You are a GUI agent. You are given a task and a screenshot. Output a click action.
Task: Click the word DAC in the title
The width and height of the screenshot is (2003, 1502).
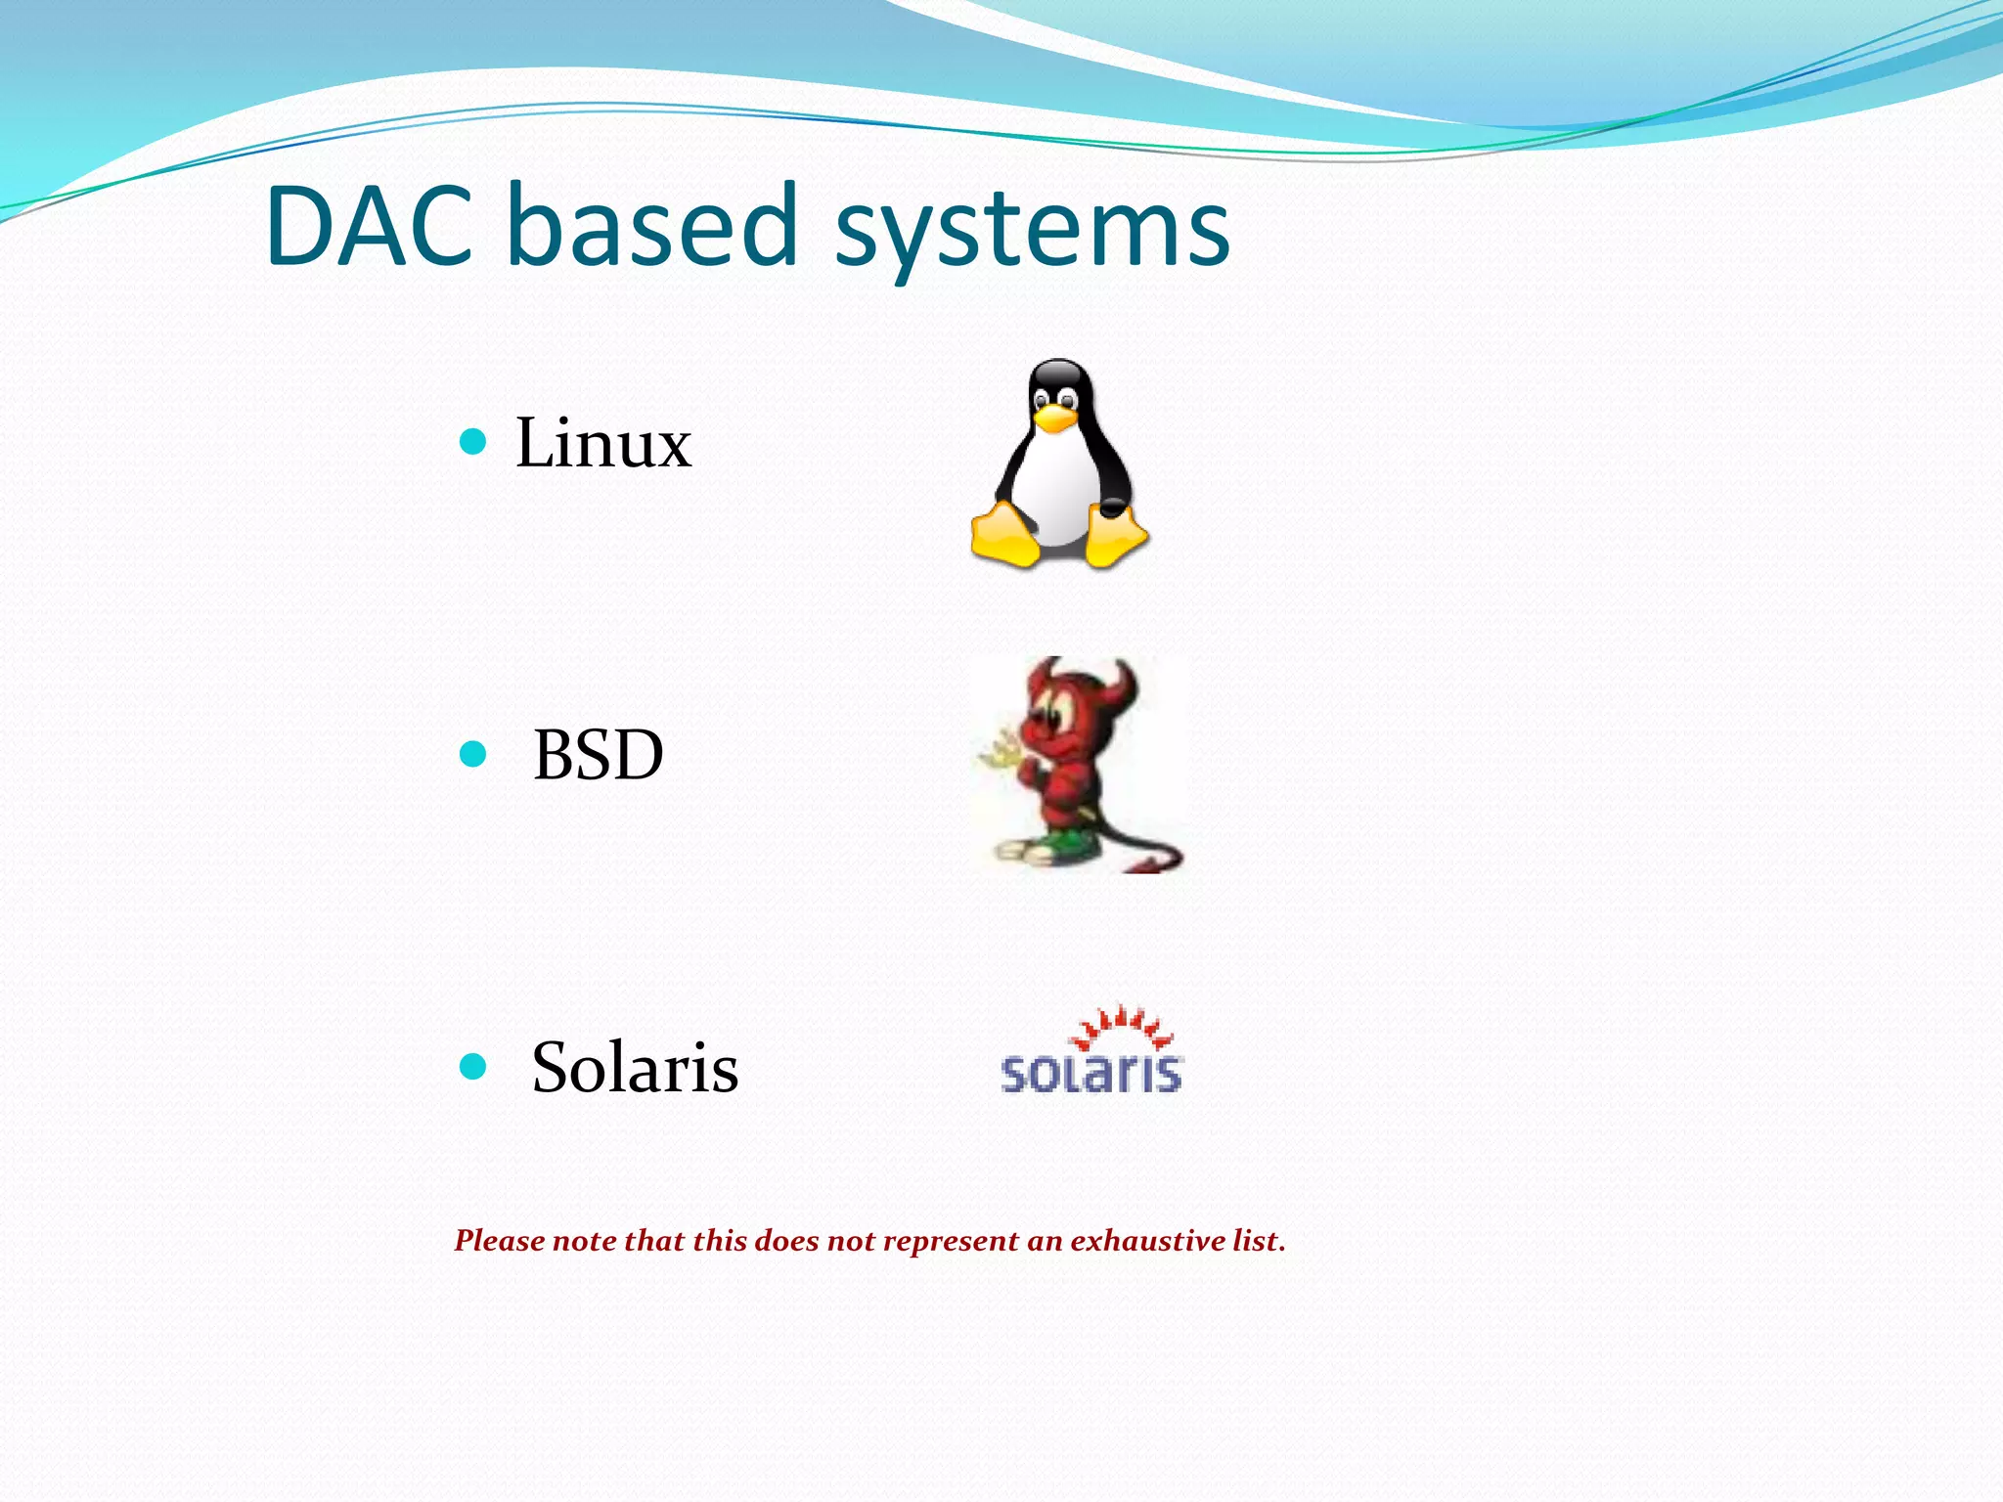pyautogui.click(x=369, y=227)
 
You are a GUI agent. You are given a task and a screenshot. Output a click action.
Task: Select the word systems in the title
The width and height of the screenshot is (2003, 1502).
pyautogui.click(x=1032, y=231)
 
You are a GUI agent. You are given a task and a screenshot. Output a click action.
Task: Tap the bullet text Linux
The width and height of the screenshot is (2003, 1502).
pyautogui.click(x=602, y=443)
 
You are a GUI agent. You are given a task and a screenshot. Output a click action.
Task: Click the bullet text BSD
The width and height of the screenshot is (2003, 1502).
pyautogui.click(x=598, y=755)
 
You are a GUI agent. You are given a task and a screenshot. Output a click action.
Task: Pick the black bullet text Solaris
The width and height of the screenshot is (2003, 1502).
pyautogui.click(x=634, y=1067)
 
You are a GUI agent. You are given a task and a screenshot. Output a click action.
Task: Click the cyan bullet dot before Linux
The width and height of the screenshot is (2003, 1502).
pyautogui.click(x=472, y=442)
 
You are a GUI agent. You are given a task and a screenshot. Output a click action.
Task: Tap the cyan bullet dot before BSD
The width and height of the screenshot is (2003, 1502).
pyautogui.click(x=472, y=754)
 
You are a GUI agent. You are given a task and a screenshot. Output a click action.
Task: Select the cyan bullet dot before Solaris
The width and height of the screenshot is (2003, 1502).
pyautogui.click(x=472, y=1066)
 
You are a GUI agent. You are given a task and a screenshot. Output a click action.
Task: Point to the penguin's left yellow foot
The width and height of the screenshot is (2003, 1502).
pyautogui.click(x=1005, y=536)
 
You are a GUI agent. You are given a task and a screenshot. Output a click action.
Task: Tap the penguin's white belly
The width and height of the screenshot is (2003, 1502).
pyautogui.click(x=1058, y=489)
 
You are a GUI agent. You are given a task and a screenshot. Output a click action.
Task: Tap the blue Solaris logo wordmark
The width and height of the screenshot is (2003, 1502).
pyautogui.click(x=1091, y=1073)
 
